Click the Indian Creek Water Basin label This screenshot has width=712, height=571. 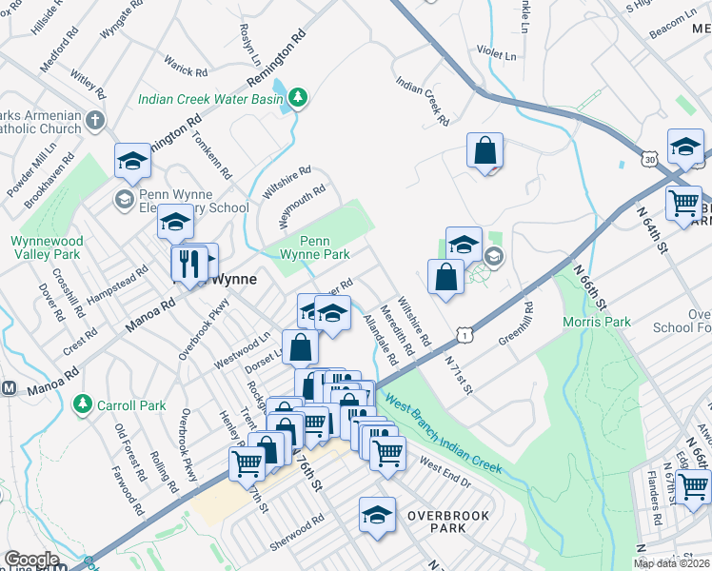pos(211,98)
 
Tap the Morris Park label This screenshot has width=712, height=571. pos(597,322)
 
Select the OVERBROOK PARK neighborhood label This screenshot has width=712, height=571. pos(447,522)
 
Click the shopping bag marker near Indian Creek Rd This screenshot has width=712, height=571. pos(485,150)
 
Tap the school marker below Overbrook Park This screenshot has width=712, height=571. pos(377,515)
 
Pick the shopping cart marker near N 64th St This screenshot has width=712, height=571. pos(683,203)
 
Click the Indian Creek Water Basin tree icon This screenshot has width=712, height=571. pos(298,97)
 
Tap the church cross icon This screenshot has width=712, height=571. pos(93,121)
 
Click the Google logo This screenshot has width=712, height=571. pos(31,560)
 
